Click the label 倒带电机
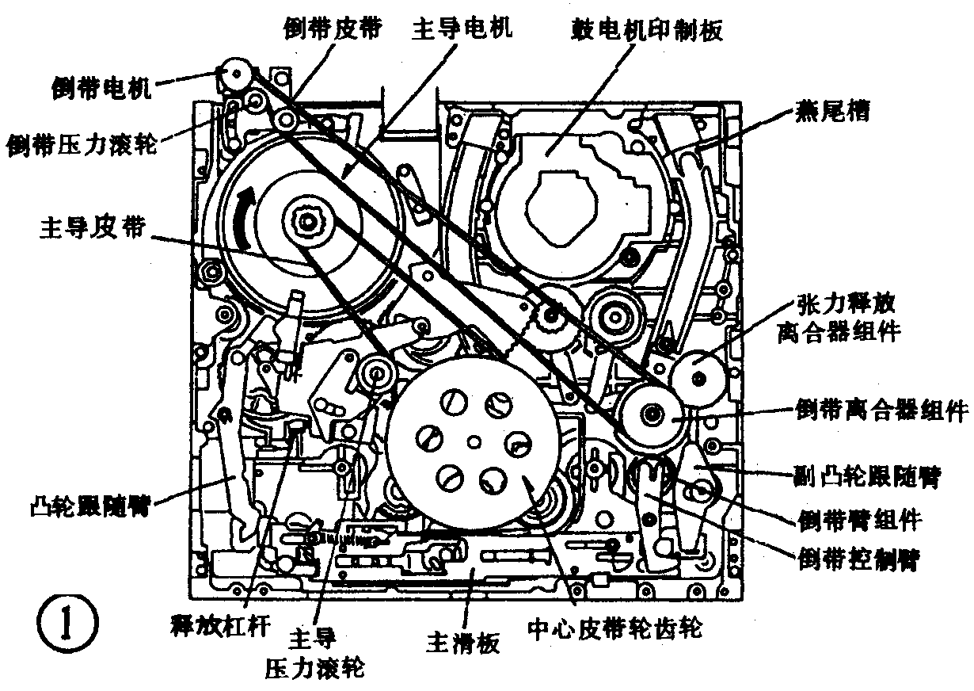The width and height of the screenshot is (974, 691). (99, 86)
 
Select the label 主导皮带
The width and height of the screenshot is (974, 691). (92, 228)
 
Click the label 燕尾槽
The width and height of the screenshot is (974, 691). (831, 113)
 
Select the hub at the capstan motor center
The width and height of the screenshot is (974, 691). (307, 217)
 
